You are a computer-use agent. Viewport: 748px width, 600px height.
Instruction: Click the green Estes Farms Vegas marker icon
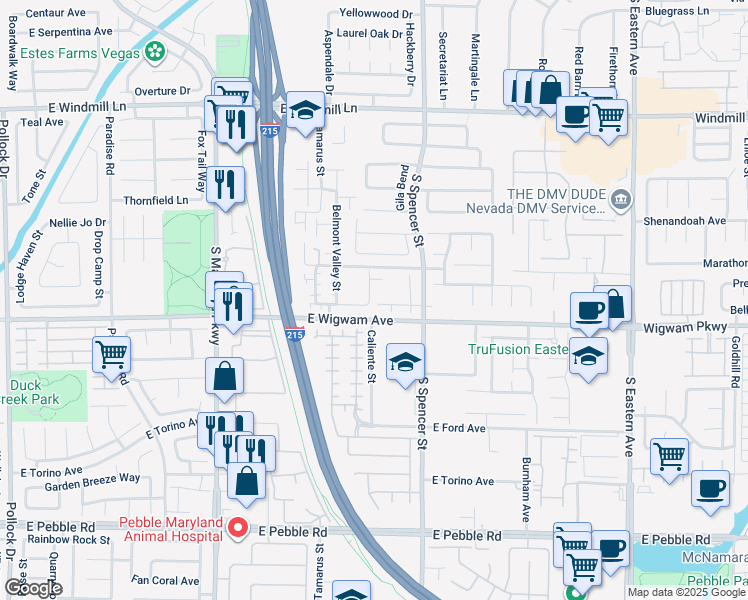pyautogui.click(x=155, y=50)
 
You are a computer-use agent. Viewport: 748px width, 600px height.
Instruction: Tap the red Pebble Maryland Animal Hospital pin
pyautogui.click(x=238, y=528)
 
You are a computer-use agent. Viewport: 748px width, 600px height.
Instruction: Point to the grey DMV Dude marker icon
pyautogui.click(x=620, y=196)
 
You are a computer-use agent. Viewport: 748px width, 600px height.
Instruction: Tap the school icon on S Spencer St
pyautogui.click(x=405, y=362)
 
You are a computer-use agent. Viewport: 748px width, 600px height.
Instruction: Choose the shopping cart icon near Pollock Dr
pyautogui.click(x=111, y=353)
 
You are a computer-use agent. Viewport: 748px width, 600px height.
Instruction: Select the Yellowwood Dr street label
pyautogui.click(x=375, y=14)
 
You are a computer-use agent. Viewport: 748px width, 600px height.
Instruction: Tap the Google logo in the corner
pyautogui.click(x=33, y=588)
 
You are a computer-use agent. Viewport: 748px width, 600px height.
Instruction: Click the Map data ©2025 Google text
pyautogui.click(x=685, y=592)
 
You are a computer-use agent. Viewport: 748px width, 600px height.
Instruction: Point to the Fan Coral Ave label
pyautogui.click(x=166, y=580)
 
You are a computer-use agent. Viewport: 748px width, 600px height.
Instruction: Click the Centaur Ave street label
pyautogui.click(x=56, y=13)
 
